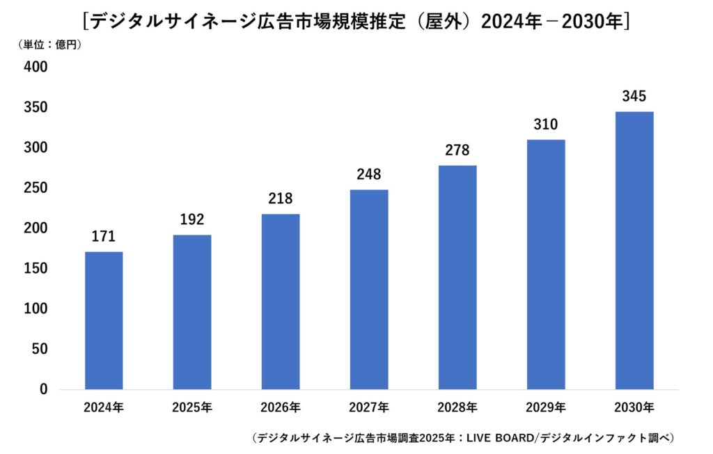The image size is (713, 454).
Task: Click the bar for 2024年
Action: click(x=104, y=320)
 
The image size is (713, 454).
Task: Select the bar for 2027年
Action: click(x=369, y=289)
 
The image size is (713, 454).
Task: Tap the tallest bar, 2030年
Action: click(x=634, y=250)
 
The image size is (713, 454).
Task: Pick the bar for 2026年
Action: click(x=281, y=301)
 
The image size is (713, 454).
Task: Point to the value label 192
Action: click(x=192, y=220)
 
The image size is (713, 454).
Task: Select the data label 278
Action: click(x=457, y=150)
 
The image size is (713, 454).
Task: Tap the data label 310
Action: click(x=546, y=125)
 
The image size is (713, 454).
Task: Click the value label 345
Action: click(x=634, y=97)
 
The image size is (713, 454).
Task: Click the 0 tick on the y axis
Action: click(x=43, y=389)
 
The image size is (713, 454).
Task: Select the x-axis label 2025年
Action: click(x=192, y=407)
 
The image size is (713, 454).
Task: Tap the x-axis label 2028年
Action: click(x=457, y=407)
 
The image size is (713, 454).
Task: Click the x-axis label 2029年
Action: click(x=546, y=407)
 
